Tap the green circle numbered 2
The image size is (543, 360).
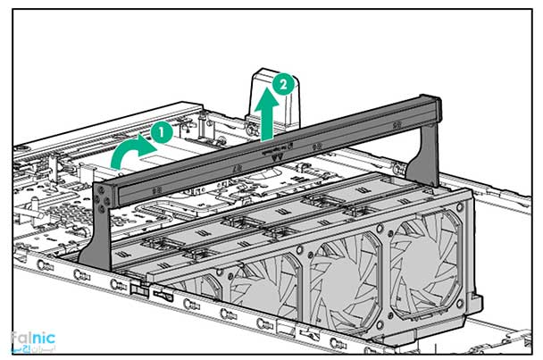coord(283,85)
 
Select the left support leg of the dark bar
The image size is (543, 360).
coord(100,228)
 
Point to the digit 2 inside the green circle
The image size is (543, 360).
coord(283,85)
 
